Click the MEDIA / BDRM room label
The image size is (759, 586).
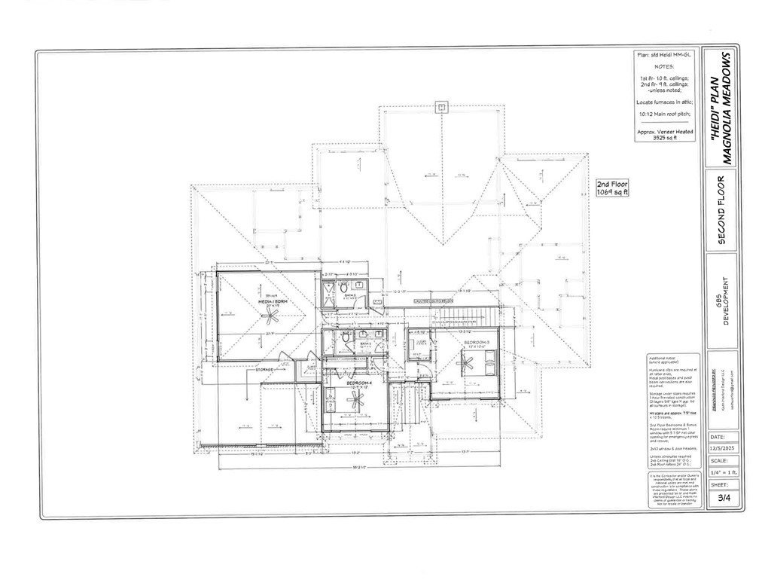[x=268, y=301]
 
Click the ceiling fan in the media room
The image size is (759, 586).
[x=268, y=319]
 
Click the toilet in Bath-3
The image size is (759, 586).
[x=343, y=288]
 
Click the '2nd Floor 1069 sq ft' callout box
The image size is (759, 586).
[x=612, y=188]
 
